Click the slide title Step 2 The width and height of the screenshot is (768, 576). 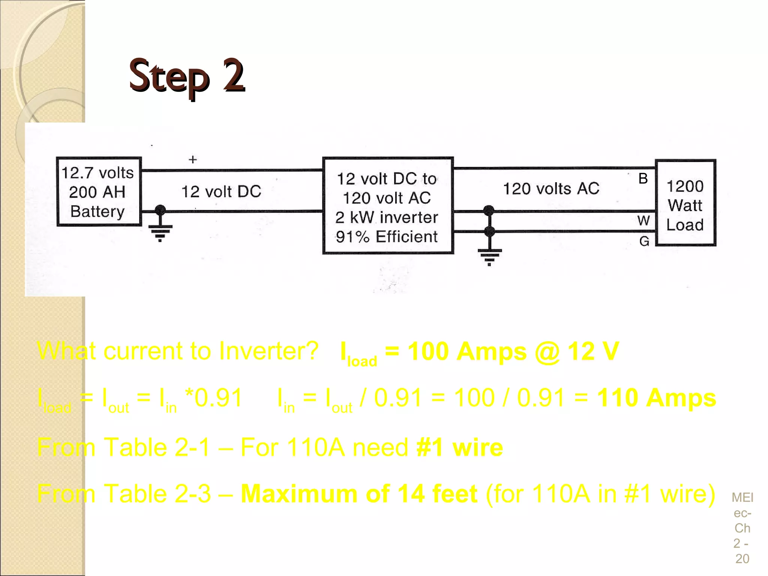tap(187, 76)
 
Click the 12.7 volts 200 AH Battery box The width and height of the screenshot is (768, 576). tap(98, 192)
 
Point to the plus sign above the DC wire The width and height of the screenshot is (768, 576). tap(193, 159)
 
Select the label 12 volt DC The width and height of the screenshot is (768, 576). tap(221, 192)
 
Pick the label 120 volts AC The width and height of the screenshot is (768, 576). tap(551, 189)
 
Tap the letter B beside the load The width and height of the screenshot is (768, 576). tap(643, 178)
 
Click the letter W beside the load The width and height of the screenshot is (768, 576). tap(643, 220)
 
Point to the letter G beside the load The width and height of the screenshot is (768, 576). tap(644, 241)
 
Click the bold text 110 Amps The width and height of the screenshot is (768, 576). tap(656, 398)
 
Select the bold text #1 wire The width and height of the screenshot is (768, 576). tap(460, 447)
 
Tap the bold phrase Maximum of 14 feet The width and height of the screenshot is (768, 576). tap(359, 493)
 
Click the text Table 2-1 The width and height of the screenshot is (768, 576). tap(157, 447)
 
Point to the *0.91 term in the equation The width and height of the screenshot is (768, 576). tap(214, 398)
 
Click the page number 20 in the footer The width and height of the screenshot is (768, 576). tap(742, 558)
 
